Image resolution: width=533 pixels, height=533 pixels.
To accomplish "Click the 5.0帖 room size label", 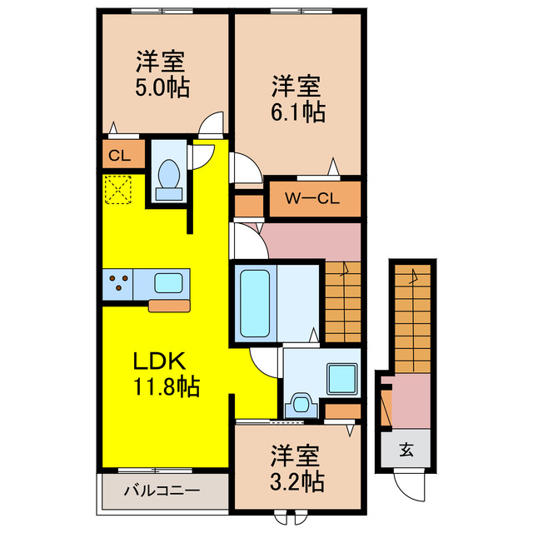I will [x=162, y=86].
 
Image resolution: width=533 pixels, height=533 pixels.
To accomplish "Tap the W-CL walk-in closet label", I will [x=312, y=199].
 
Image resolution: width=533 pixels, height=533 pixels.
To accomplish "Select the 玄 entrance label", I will [x=406, y=451].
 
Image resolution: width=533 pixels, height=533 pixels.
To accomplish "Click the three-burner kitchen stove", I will [x=117, y=283].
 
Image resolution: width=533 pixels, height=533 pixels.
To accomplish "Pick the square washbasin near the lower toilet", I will [x=341, y=379].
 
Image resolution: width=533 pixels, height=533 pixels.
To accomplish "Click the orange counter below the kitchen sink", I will [x=169, y=305].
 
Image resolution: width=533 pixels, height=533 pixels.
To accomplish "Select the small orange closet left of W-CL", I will [x=247, y=205].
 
